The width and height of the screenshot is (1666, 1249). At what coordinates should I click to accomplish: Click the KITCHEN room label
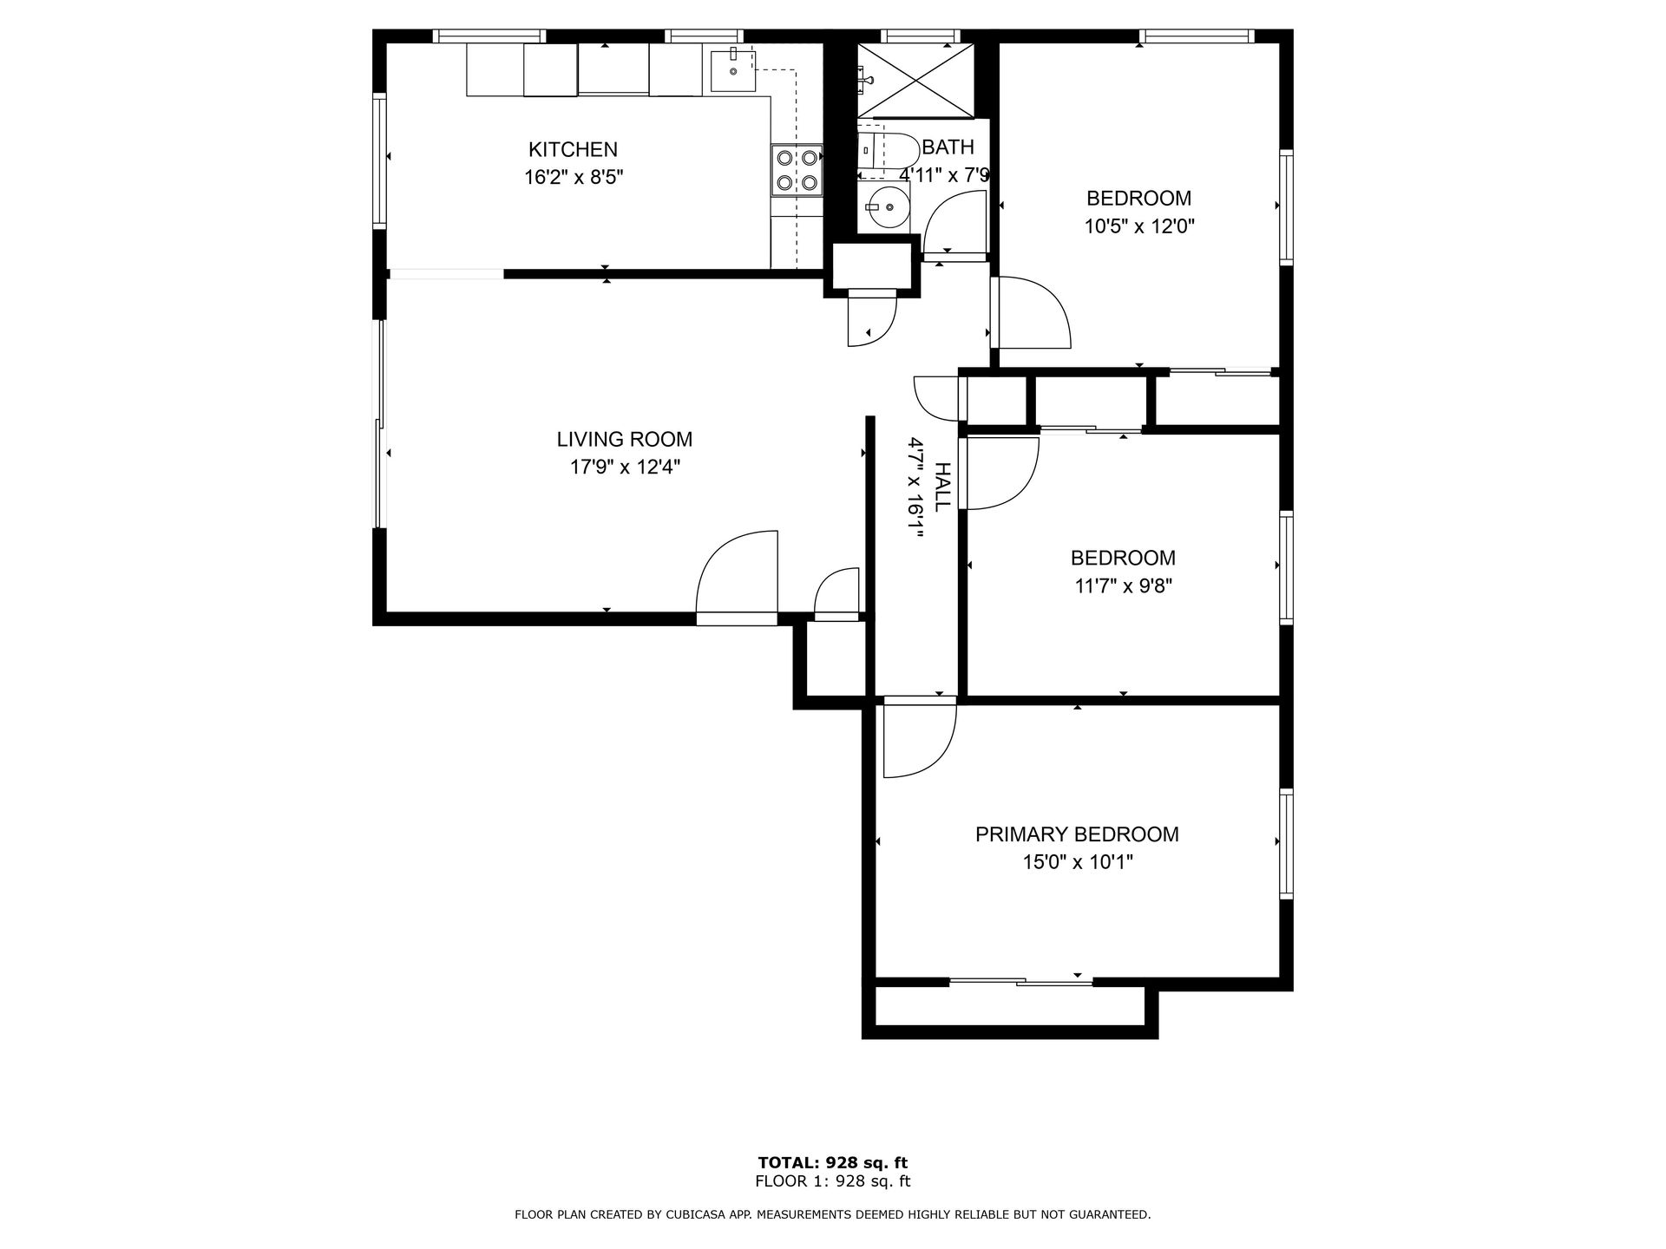(573, 149)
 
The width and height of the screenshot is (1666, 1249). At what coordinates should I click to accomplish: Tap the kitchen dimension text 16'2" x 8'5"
(573, 178)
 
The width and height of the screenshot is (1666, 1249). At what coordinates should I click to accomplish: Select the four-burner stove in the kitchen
(797, 170)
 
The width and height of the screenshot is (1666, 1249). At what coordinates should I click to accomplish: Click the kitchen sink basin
(733, 71)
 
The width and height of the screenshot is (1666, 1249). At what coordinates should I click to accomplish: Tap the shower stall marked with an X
(915, 80)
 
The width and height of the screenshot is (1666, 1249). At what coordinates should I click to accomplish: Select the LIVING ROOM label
(624, 440)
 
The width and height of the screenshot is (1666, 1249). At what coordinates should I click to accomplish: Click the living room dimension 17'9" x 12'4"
(624, 468)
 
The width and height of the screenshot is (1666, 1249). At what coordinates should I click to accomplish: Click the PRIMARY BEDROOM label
(1077, 834)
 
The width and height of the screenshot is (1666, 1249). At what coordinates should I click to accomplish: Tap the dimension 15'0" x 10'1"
(1077, 862)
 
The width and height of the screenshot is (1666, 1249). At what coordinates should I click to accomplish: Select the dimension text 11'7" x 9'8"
(1123, 586)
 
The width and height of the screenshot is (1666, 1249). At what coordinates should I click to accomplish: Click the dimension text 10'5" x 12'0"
(1138, 227)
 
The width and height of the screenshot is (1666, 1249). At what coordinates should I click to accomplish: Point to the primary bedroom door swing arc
(920, 742)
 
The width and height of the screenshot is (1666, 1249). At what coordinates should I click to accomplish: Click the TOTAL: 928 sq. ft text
(832, 1162)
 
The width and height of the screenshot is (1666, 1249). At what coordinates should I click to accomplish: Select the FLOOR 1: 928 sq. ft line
(832, 1181)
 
